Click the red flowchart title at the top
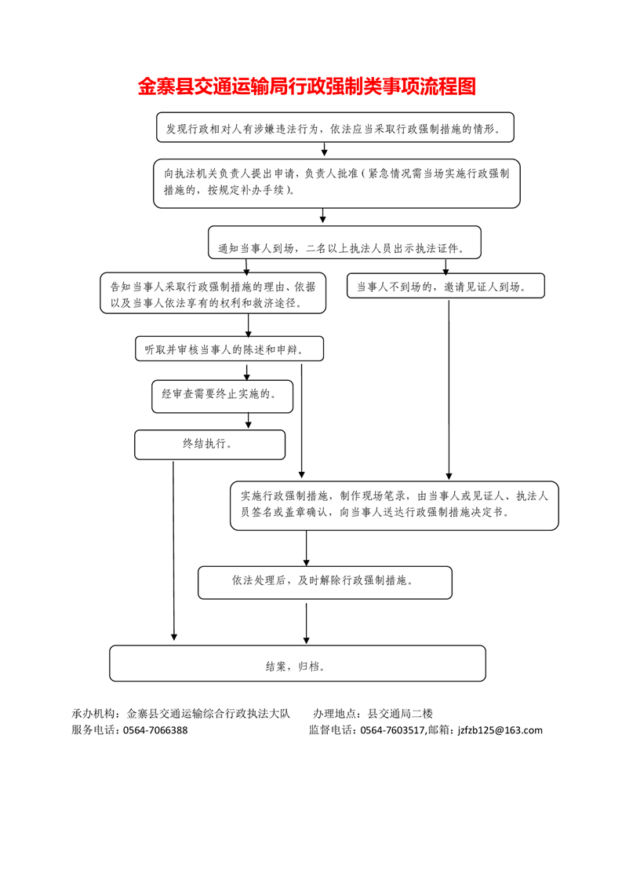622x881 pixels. click(x=307, y=86)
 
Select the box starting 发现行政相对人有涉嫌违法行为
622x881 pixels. click(x=335, y=127)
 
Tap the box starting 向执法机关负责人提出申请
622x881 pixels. click(x=336, y=183)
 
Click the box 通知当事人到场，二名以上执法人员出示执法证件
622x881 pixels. click(x=344, y=242)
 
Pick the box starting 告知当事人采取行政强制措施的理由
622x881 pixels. click(x=213, y=294)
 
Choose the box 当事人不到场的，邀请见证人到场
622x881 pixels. click(x=446, y=286)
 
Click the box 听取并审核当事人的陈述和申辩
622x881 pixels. click(x=230, y=349)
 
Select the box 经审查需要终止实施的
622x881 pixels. click(x=222, y=397)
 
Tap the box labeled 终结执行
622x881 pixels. click(x=210, y=445)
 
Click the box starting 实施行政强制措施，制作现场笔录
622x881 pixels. click(x=394, y=506)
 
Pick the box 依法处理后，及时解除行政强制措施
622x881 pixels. click(x=325, y=583)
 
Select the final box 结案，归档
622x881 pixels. click(x=297, y=663)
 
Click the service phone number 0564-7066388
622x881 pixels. click(x=155, y=730)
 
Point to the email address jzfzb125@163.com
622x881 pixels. click(x=500, y=730)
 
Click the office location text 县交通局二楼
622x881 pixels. click(x=400, y=714)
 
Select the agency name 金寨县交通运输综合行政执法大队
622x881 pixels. click(x=209, y=714)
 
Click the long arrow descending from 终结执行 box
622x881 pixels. click(x=173, y=551)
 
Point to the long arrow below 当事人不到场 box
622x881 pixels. click(x=449, y=390)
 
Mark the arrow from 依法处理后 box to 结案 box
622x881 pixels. click(x=306, y=623)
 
